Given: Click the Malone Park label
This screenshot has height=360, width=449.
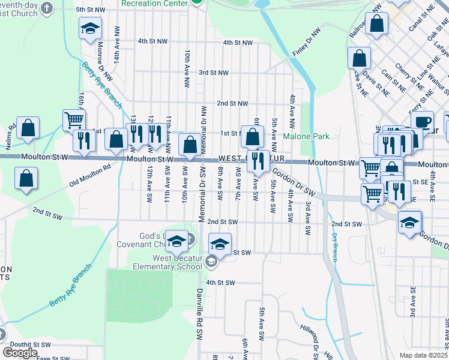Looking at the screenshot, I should [x=306, y=137].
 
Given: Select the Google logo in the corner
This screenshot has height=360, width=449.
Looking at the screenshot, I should [x=20, y=352].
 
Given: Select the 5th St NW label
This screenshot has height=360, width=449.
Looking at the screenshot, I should [x=89, y=10].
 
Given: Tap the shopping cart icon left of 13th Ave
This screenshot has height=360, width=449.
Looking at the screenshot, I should [x=74, y=121].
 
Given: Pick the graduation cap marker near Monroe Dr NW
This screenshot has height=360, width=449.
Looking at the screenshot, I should [x=90, y=28].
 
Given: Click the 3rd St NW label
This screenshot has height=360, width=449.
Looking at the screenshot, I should [x=214, y=73].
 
